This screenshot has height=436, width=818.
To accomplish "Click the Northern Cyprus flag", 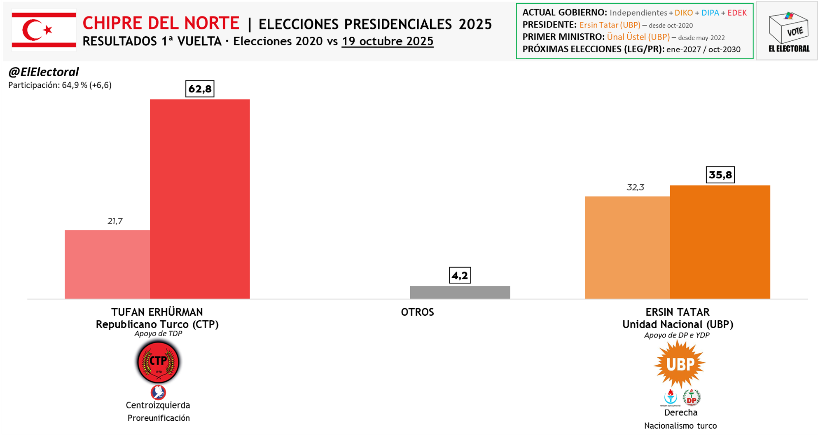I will pos(44,30).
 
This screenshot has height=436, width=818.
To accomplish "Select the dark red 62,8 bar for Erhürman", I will pos(200,199).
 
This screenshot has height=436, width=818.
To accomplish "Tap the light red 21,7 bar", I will pos(107,264).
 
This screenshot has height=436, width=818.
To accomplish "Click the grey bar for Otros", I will pos(460,292).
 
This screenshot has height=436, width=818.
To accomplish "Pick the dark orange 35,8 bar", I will pos(720,242).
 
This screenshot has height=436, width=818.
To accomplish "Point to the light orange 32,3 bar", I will pos(627,247).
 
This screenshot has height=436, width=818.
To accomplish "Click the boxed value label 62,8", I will pos(200,89).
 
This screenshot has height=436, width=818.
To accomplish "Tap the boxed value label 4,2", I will pos(460,275).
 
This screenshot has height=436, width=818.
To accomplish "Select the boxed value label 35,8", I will pos(720,175).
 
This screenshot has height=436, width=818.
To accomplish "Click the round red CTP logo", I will pos(158,362).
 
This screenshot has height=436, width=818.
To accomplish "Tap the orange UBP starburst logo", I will pos(679,364).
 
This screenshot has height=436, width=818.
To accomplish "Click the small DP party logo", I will pos(692,398).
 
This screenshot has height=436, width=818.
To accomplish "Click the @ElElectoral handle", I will pos(44,72).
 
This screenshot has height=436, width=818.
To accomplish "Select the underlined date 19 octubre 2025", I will pos(387,41).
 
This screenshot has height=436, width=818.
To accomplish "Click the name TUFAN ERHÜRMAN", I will pos(157,312).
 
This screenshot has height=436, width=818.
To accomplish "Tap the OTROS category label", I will pos(417,312).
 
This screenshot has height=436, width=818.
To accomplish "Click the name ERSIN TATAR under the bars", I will pos(678,312).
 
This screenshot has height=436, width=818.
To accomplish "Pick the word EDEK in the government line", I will pos(737,13).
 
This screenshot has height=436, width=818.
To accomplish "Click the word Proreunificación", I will pos(159,418).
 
